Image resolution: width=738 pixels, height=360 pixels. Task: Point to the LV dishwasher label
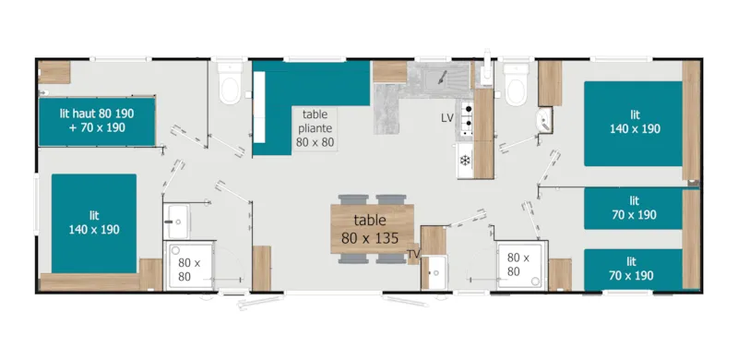click(x=447, y=118)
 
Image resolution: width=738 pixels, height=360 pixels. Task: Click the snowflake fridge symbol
click(x=465, y=161)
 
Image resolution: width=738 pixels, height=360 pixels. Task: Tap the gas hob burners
click(x=467, y=115)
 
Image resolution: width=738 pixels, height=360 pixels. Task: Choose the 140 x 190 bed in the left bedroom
click(x=93, y=222)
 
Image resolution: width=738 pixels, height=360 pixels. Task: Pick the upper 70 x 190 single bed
click(x=634, y=208)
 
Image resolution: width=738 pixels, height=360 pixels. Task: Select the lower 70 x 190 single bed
click(x=634, y=269)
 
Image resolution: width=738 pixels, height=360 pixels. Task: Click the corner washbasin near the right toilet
click(x=544, y=119)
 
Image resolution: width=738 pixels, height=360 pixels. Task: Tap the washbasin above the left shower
click(x=176, y=219)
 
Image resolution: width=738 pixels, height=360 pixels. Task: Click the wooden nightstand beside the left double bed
click(x=150, y=274)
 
